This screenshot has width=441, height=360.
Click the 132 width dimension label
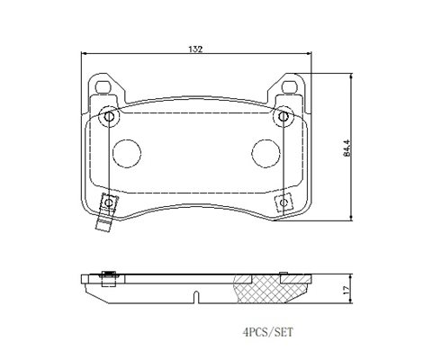click(195, 49)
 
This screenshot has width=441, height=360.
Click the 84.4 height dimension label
click(347, 148)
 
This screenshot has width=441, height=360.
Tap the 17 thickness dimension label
click(346, 290)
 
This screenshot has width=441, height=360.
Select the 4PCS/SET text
click(267, 332)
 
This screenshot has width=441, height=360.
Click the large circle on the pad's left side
click(127, 153)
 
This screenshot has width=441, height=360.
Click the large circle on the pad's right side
click(265, 153)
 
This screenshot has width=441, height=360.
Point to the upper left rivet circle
click(109, 116)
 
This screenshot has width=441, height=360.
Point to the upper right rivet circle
click(283, 116)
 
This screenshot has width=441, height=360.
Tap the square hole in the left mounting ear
click(103, 87)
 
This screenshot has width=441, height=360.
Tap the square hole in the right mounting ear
click(290, 87)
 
